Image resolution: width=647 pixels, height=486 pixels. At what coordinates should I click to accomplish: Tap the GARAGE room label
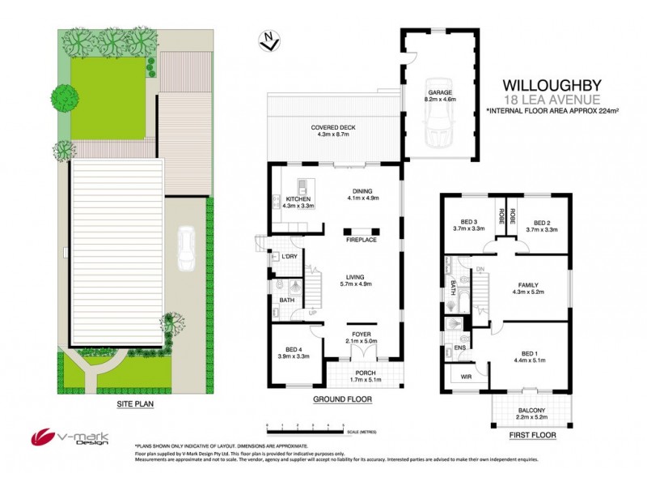(x=441, y=92)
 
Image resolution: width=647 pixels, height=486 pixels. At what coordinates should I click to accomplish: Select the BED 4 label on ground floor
(x=294, y=350)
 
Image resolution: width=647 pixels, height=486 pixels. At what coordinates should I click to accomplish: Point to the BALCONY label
(x=531, y=410)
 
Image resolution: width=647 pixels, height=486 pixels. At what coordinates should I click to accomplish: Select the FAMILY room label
(x=529, y=284)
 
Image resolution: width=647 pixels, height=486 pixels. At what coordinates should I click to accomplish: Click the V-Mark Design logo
(x=59, y=437)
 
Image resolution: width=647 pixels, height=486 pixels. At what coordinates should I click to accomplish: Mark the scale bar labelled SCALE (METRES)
(x=304, y=427)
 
